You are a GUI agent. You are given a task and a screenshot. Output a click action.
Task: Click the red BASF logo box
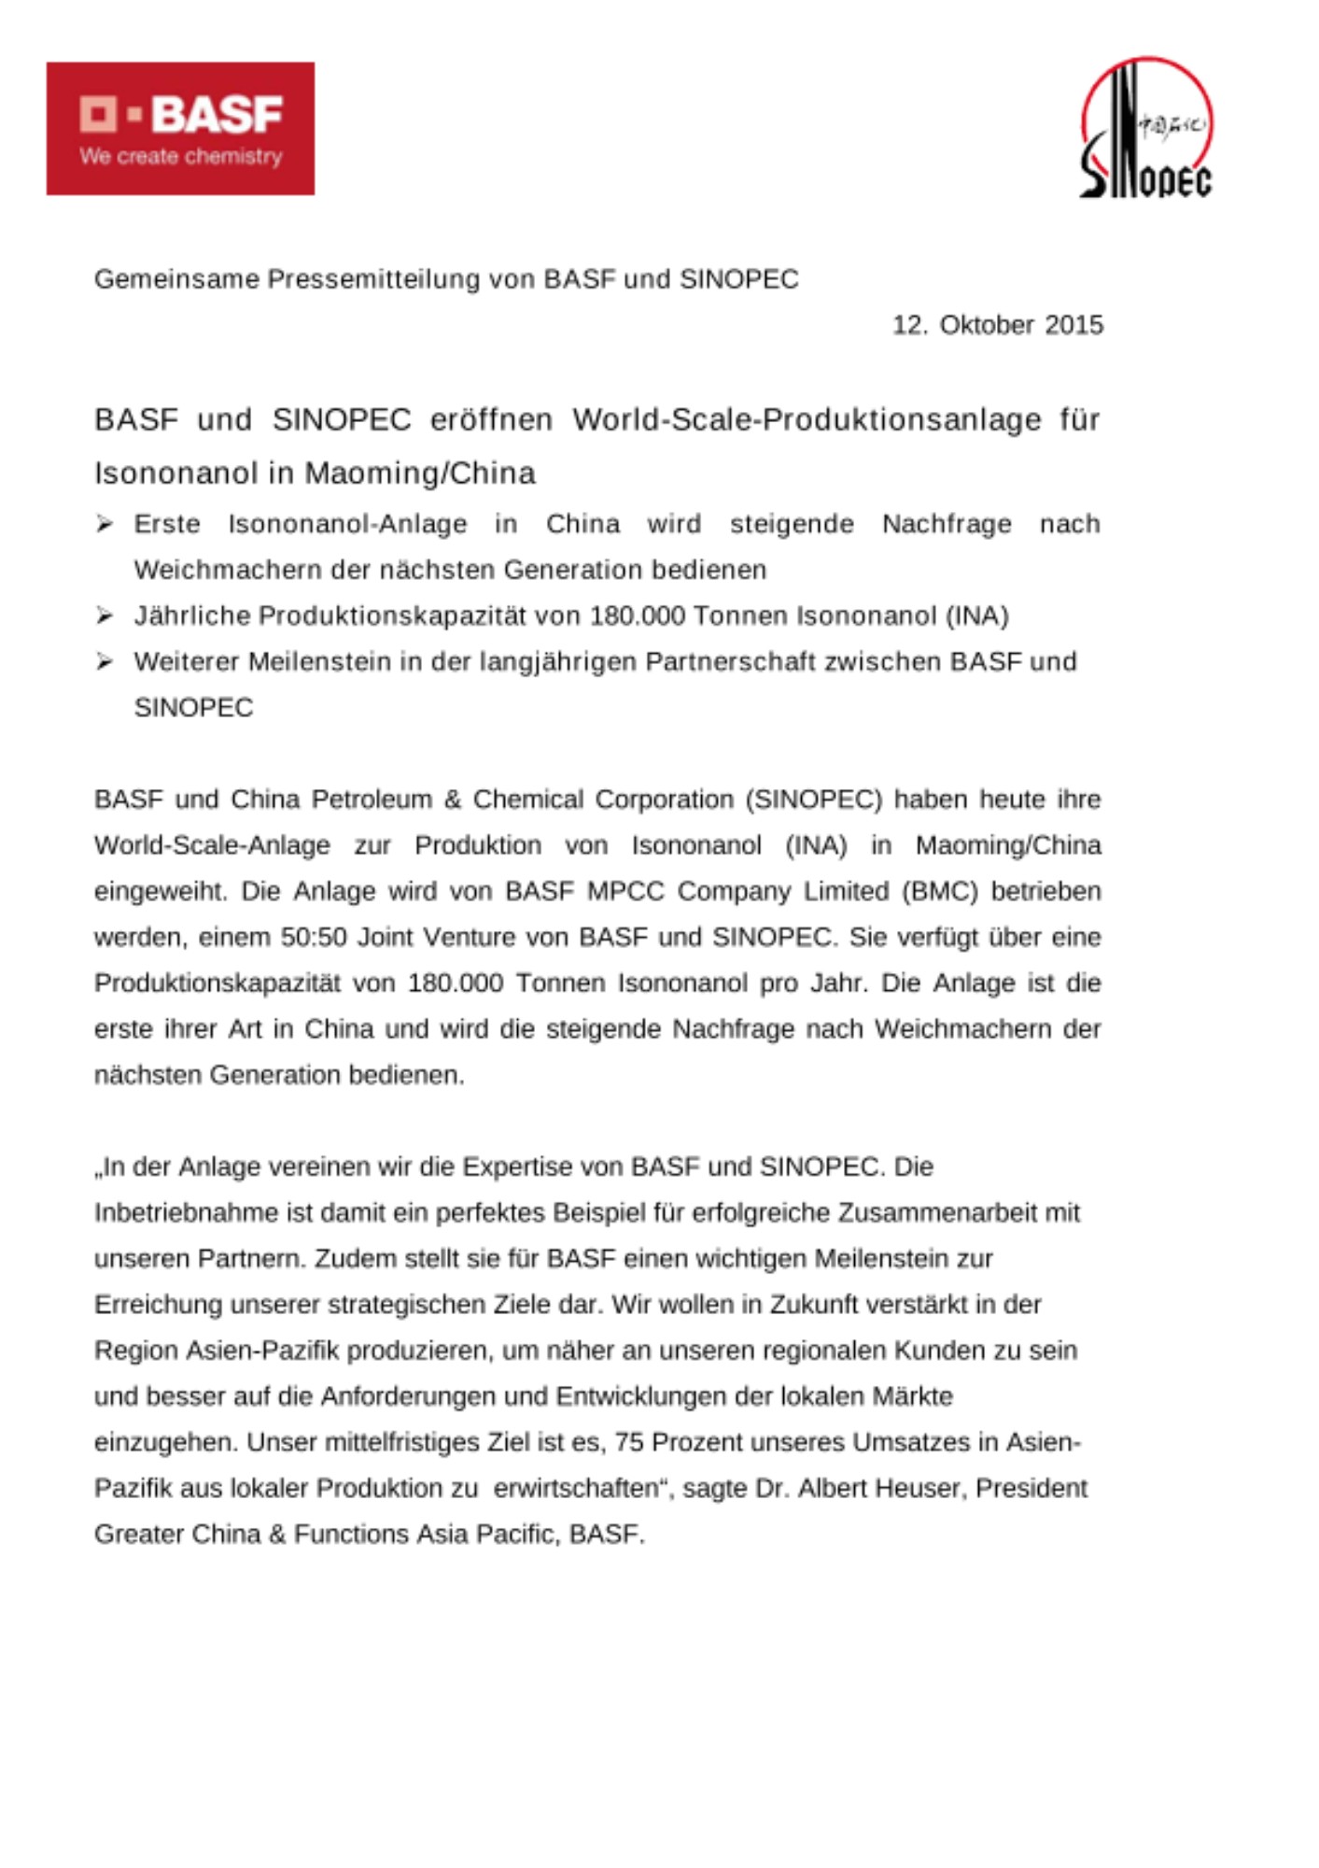[x=180, y=129]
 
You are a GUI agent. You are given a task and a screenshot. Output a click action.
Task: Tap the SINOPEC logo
[x=1145, y=129]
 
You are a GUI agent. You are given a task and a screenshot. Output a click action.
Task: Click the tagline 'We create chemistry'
[x=181, y=157]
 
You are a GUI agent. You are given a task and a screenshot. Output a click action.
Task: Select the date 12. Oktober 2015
[x=997, y=325]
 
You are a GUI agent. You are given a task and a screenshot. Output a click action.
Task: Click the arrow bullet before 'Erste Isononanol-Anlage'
[x=105, y=524]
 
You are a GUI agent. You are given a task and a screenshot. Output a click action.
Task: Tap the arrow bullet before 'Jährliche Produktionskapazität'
[x=105, y=616]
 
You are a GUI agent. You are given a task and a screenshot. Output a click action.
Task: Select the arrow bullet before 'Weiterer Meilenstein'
[x=105, y=661]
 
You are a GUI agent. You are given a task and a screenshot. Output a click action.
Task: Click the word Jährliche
[x=192, y=616]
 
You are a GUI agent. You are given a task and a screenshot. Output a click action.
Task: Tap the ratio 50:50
[x=314, y=937]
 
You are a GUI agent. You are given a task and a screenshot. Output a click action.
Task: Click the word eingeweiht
[x=161, y=891]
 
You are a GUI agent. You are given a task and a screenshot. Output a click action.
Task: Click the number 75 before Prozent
[x=629, y=1443]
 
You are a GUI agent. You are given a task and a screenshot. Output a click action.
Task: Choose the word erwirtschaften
[x=576, y=1489]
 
